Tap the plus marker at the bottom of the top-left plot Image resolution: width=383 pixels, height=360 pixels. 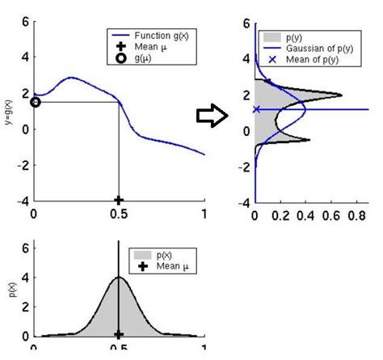pos(119,200)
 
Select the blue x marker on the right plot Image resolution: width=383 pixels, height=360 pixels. pos(256,109)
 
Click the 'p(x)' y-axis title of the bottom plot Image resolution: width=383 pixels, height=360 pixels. pos(8,288)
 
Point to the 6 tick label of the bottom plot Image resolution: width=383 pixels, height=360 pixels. pos(24,245)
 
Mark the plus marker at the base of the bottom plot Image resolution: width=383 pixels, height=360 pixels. pos(119,334)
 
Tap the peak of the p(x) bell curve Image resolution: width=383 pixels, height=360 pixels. pos(119,278)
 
